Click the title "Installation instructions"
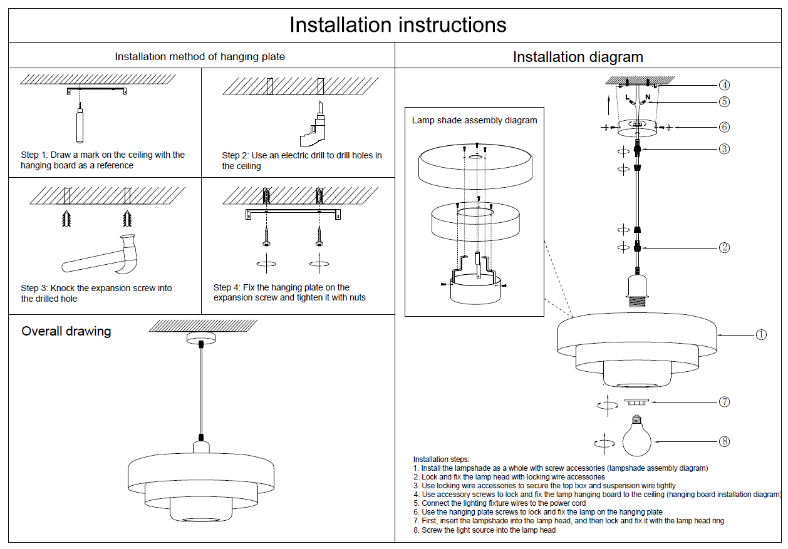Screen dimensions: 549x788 click(x=398, y=25)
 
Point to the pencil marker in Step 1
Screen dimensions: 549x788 click(x=80, y=123)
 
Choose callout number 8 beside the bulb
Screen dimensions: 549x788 click(x=725, y=441)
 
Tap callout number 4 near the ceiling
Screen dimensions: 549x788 click(x=724, y=85)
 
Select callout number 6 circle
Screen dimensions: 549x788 click(x=724, y=127)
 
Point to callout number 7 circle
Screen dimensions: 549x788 click(x=724, y=402)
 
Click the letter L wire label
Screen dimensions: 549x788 click(x=627, y=97)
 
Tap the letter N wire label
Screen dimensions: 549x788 click(x=648, y=97)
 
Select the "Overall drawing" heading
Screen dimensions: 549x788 click(x=66, y=331)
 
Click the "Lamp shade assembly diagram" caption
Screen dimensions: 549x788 click(x=474, y=120)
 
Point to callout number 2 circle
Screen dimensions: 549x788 click(x=724, y=247)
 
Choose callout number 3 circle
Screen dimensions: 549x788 click(x=724, y=149)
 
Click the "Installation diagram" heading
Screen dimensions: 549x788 click(x=578, y=57)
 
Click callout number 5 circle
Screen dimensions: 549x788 click(x=724, y=101)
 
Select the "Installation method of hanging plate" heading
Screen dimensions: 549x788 click(x=200, y=56)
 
